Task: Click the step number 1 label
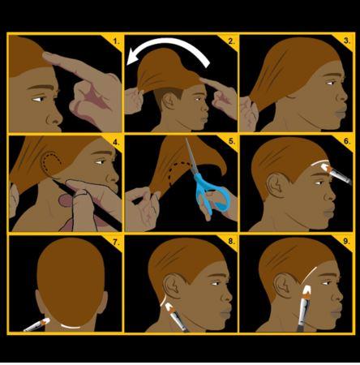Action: coord(116,41)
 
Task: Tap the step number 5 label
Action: coord(231,141)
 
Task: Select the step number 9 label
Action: coord(346,241)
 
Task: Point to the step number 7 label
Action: coord(116,242)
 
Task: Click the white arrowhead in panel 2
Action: coord(133,57)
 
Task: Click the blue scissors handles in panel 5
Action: coord(212,193)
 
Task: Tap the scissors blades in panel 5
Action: coord(191,157)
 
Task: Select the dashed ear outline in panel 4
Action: coord(51,163)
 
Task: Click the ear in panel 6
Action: coord(275,185)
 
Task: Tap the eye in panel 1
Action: coord(38,99)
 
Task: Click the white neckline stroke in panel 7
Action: coord(71,327)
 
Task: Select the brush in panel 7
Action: coord(36,324)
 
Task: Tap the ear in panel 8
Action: coord(173,286)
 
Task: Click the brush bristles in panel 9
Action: coord(306,291)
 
